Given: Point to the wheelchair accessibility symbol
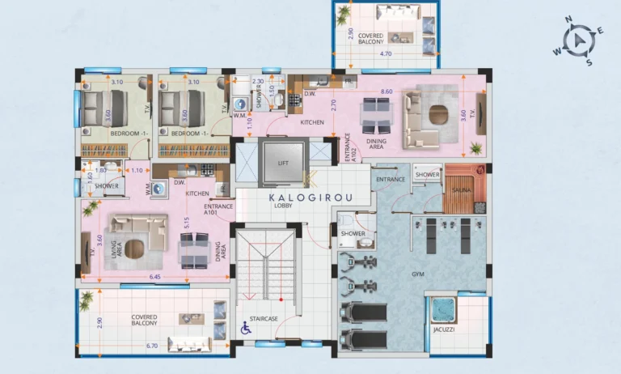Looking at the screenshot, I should click(245, 329).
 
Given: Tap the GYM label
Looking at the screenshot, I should click(417, 275).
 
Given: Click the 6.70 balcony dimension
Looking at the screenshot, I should click(151, 346).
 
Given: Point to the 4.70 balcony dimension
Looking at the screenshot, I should click(386, 54).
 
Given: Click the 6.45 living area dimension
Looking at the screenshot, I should click(154, 278).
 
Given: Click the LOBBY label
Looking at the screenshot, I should click(283, 206).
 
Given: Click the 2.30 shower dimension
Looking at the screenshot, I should click(258, 82).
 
